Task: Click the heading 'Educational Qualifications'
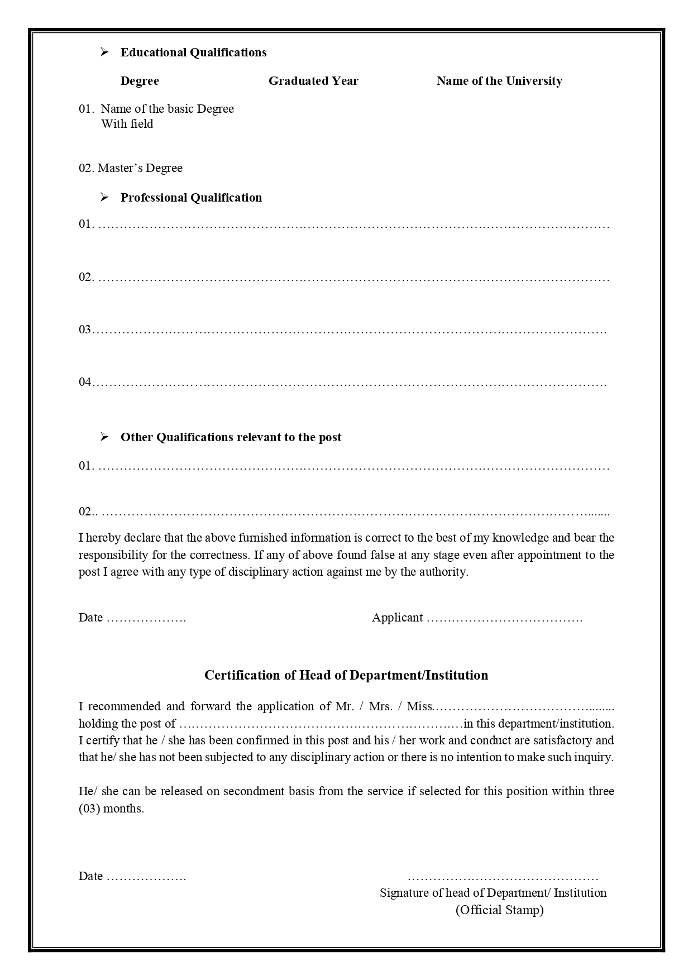[x=193, y=52]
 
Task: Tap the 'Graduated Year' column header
[x=313, y=81]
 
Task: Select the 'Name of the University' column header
[x=499, y=81]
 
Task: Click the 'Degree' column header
[x=140, y=81]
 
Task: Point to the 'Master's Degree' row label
[x=140, y=168]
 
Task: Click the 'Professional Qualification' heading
[x=191, y=198]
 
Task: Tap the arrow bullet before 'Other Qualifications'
[x=104, y=437]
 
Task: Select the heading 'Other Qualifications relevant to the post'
[x=231, y=437]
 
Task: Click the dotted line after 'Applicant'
[x=504, y=618]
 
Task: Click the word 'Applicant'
[x=397, y=618]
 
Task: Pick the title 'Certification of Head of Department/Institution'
[x=346, y=675]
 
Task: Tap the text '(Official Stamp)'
[x=499, y=910]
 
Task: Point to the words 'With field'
[x=127, y=124]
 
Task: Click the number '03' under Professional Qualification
[x=85, y=329]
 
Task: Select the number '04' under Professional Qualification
[x=85, y=382]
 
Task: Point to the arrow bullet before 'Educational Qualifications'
[x=104, y=52]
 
